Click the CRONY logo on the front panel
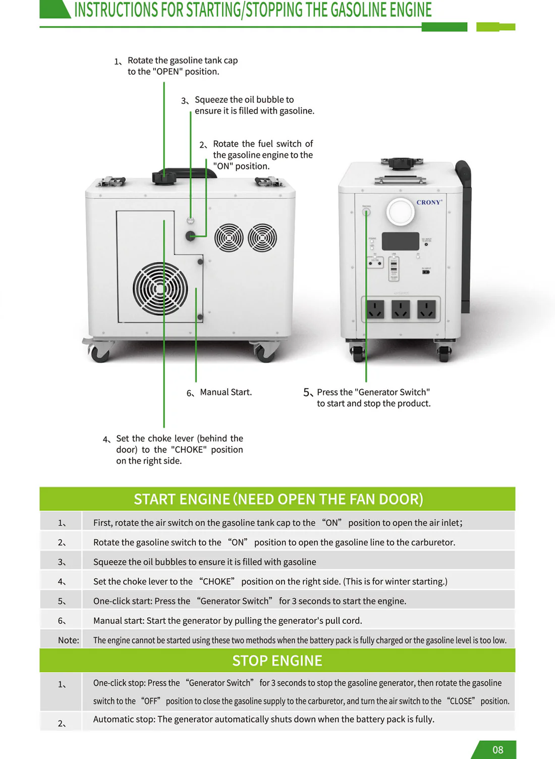[x=429, y=202]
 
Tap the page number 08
[x=497, y=749]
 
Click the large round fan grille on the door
[x=160, y=289]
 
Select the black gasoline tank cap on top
[x=164, y=177]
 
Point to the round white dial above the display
[x=401, y=211]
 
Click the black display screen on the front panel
[x=400, y=241]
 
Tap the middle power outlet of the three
[x=401, y=309]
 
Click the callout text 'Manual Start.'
[x=226, y=392]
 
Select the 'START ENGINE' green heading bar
[x=277, y=499]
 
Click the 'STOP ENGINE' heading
[x=277, y=661]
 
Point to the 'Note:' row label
[x=68, y=640]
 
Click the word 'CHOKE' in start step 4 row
[x=217, y=581]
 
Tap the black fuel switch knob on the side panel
[x=190, y=236]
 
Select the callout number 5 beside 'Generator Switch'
[x=307, y=393]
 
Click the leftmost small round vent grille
[x=229, y=237]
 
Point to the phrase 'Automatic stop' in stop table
[x=123, y=719]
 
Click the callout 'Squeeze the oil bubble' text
[x=244, y=100]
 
